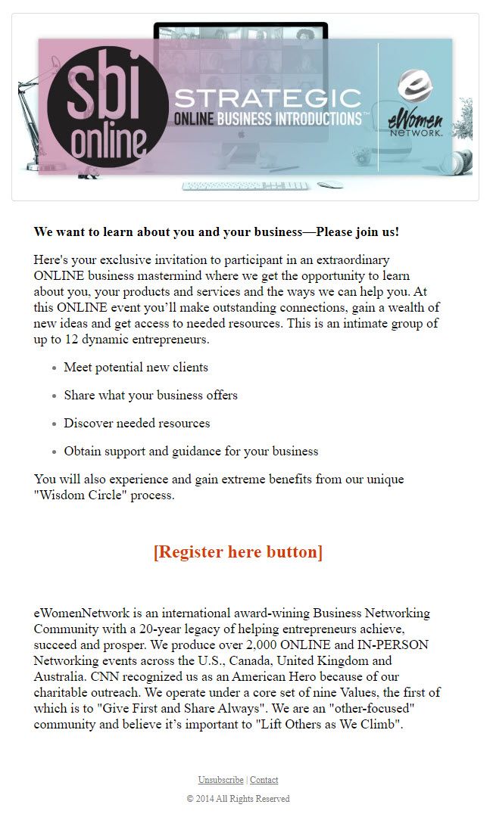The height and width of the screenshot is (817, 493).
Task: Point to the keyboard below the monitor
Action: pos(245,185)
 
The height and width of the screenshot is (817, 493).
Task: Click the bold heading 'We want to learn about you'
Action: pos(216,231)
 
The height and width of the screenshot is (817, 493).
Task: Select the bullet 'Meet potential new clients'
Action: pos(136,368)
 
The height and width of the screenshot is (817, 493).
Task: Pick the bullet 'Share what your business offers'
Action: pos(151,396)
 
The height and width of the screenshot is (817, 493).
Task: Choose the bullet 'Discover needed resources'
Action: pos(137,424)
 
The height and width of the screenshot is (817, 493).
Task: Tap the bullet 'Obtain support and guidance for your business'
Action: pos(191,452)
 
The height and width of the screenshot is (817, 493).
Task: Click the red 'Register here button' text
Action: pos(238,552)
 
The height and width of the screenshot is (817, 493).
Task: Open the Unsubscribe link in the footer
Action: pos(220,780)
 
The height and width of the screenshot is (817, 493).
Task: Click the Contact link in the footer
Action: pos(264,780)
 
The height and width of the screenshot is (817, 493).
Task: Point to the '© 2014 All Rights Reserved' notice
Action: pos(238,799)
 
